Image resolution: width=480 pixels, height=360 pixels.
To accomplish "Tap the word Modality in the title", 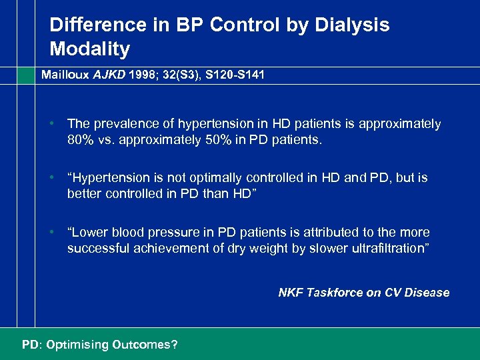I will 89,49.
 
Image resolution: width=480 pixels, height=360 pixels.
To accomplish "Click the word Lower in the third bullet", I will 90,233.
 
